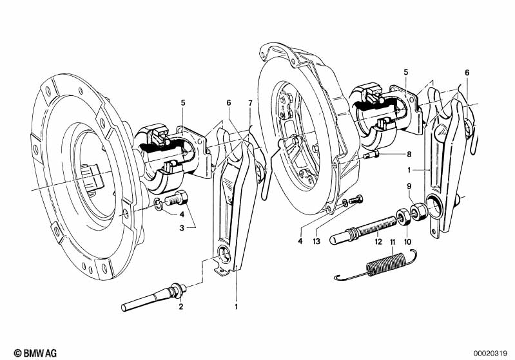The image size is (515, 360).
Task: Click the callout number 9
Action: point(407,187)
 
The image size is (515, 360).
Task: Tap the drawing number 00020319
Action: point(492,352)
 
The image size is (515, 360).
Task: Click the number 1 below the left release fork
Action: point(236,307)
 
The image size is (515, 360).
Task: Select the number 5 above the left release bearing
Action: point(183,103)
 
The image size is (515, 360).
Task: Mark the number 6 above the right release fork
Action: point(467,72)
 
